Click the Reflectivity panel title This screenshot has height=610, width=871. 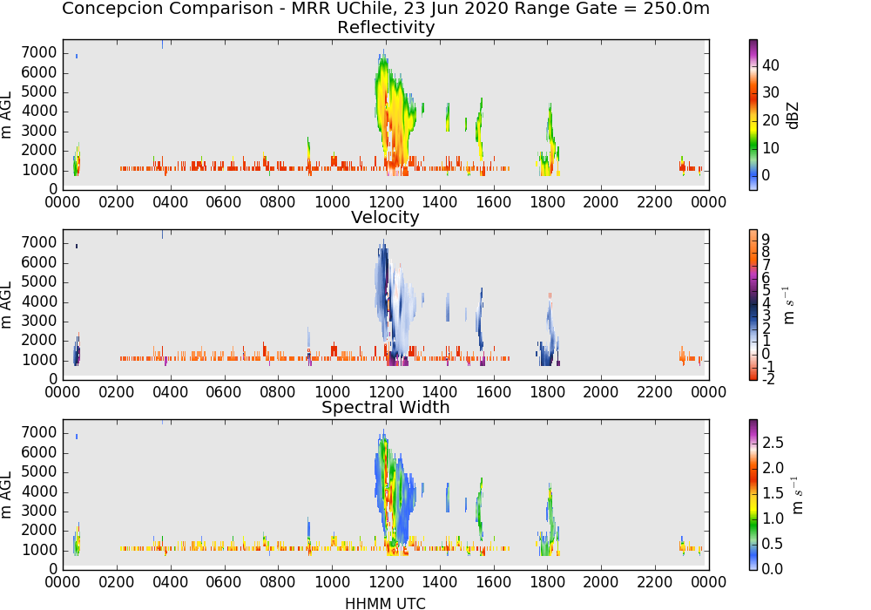pos(386,27)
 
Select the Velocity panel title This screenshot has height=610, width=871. pos(385,217)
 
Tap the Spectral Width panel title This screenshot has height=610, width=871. pos(386,407)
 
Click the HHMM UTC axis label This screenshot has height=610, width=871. pos(385,603)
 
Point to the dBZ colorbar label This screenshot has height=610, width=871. pos(793,116)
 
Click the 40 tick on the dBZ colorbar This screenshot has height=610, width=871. pos(771,65)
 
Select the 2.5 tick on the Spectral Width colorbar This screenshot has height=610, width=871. pos(773,442)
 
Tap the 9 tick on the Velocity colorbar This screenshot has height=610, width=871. pos(766,239)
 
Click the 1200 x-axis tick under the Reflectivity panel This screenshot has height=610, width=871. pos(386,202)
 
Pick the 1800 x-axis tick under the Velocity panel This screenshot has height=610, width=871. pos(547,392)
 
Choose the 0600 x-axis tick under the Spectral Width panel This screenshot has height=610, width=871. pos(225,582)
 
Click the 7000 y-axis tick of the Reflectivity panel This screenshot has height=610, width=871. pos(39,53)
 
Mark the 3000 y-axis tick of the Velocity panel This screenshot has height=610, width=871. pos(39,321)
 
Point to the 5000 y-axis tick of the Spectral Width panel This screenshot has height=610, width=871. pos(39,471)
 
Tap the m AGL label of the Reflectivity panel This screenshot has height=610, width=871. pos(7,116)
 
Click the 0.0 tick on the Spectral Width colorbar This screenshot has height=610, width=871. pos(773,569)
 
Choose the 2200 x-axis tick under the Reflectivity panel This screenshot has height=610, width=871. pos(655,202)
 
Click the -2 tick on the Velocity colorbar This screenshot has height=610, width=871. pos(768,379)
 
